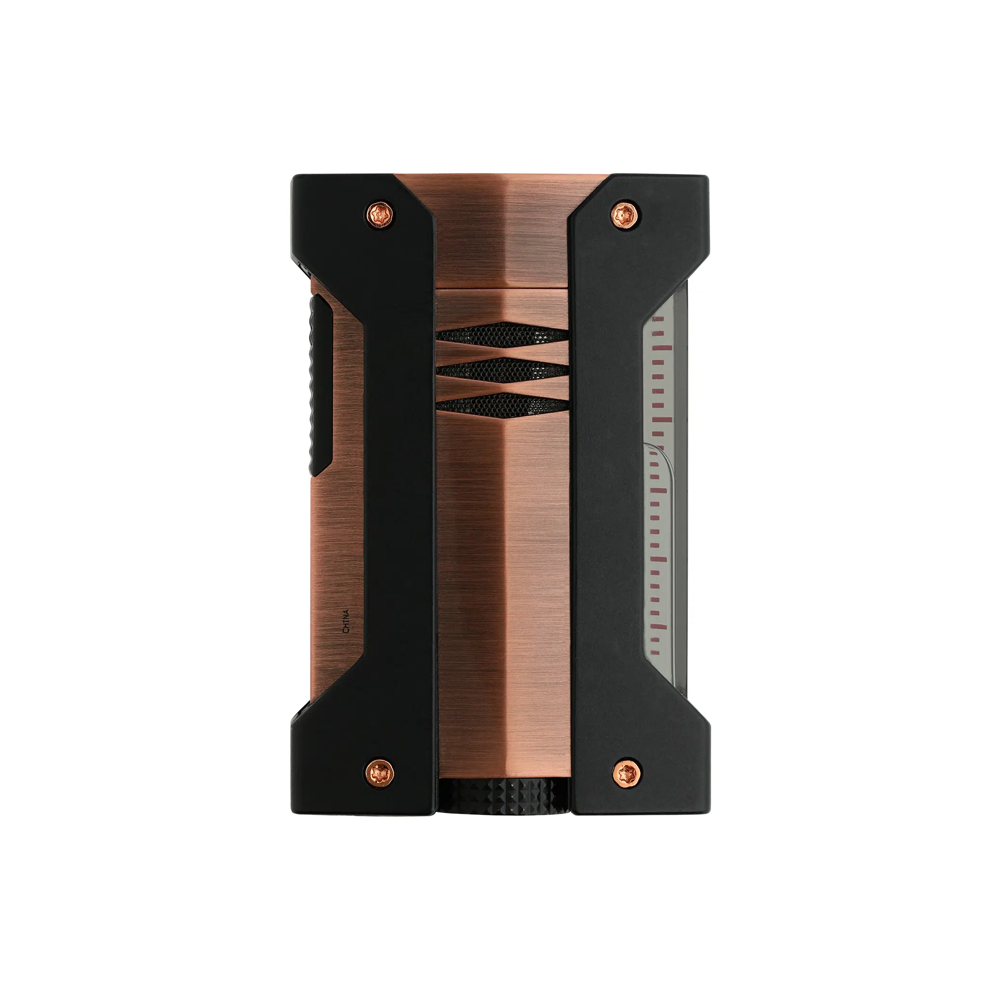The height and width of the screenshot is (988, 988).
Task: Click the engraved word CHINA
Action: pyautogui.click(x=346, y=621)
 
